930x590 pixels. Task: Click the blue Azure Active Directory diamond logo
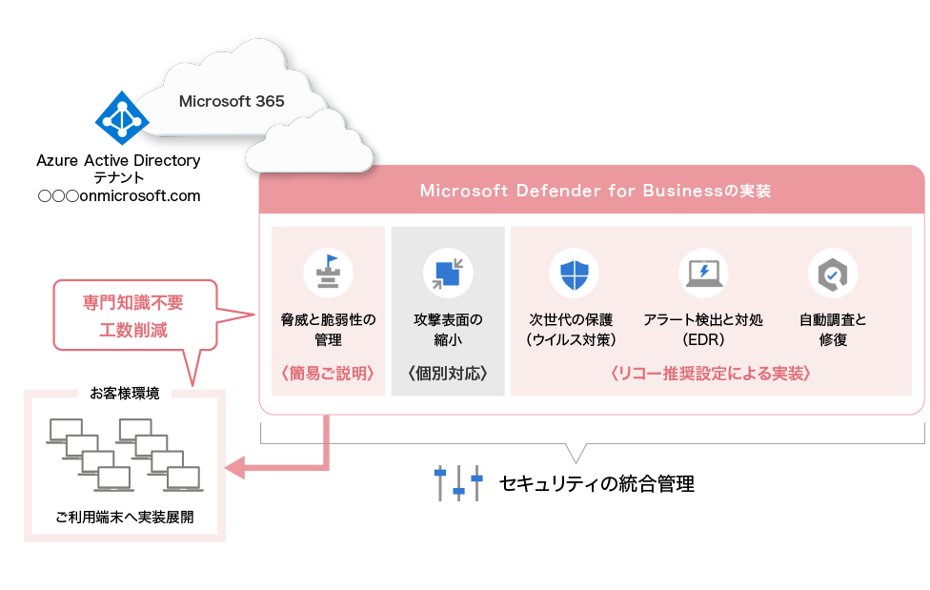122,119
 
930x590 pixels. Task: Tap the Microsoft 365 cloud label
232,101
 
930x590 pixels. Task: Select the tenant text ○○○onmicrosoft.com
119,196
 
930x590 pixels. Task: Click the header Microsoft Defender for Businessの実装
595,191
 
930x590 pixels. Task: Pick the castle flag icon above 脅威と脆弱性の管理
328,274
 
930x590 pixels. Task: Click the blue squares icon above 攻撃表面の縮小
448,274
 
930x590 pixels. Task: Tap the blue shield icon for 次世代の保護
574,274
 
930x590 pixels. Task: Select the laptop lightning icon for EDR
703,274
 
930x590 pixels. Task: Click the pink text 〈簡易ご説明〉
329,374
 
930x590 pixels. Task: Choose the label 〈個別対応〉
448,374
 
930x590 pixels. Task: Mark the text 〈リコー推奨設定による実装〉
710,374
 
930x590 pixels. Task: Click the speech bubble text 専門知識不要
132,304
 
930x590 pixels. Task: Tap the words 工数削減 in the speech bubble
132,331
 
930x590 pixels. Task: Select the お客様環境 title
125,393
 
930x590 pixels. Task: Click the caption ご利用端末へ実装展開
125,519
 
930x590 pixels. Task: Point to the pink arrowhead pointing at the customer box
234,467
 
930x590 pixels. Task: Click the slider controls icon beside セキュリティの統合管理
457,483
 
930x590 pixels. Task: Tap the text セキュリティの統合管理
596,484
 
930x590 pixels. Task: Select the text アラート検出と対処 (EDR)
703,330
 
